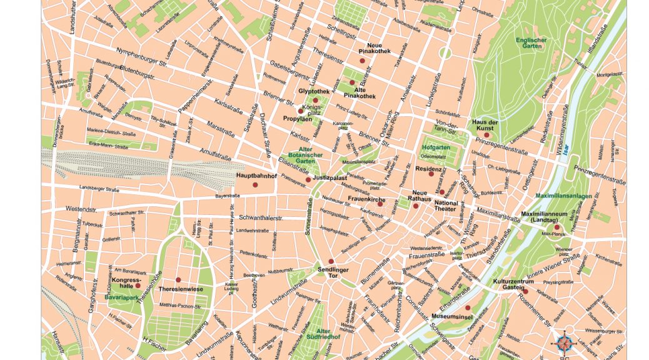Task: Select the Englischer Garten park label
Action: pyautogui.click(x=531, y=43)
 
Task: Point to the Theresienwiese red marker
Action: pyautogui.click(x=178, y=279)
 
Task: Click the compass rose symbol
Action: pyautogui.click(x=565, y=342)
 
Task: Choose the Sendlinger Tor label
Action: pyautogui.click(x=332, y=272)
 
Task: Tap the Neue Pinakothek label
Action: pyautogui.click(x=375, y=49)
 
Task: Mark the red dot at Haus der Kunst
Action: pyautogui.click(x=486, y=135)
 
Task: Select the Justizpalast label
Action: pyautogui.click(x=330, y=178)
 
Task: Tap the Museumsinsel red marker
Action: pyautogui.click(x=467, y=307)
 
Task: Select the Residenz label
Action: pyautogui.click(x=429, y=169)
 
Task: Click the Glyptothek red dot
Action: pyautogui.click(x=315, y=100)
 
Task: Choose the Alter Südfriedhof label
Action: pyautogui.click(x=323, y=334)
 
